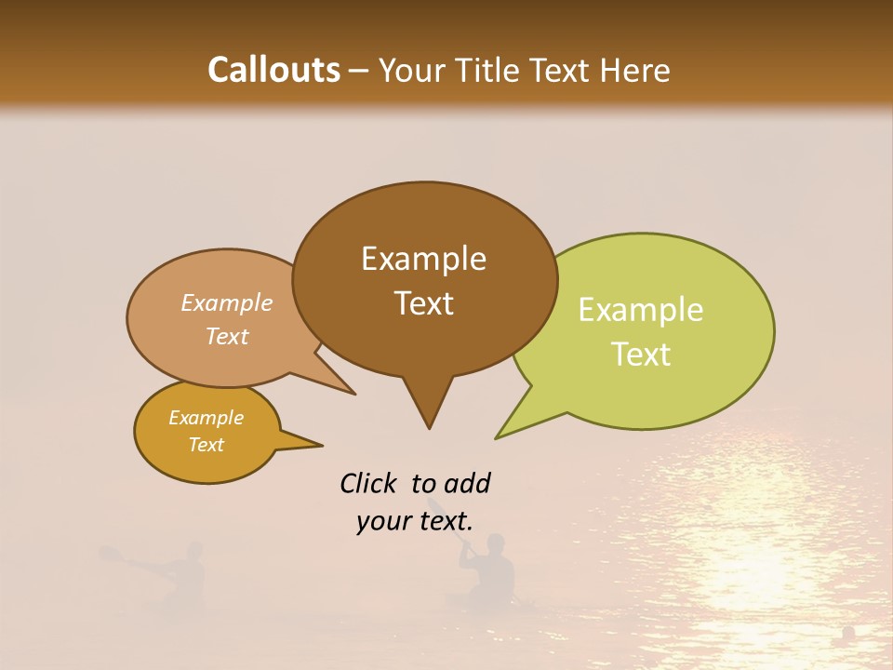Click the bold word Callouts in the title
point(273,70)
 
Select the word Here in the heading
point(634,70)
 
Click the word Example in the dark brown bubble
point(423,259)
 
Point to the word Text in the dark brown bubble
point(423,303)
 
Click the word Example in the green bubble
point(641,310)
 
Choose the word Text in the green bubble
point(641,355)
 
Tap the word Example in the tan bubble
point(226,303)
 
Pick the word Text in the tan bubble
point(226,336)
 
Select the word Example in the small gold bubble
point(206,418)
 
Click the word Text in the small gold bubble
point(206,445)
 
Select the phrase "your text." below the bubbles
point(415,521)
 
